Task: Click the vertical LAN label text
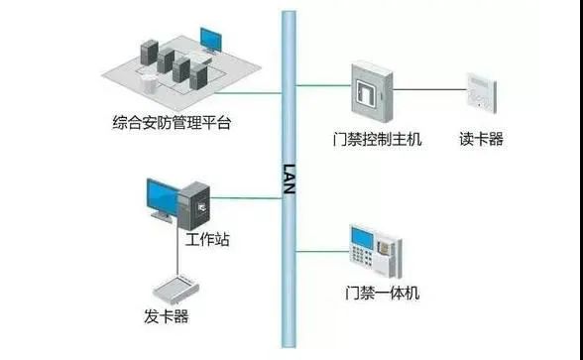tap(290, 180)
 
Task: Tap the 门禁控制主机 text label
tap(378, 140)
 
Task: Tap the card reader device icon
tap(480, 88)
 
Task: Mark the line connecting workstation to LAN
tap(252, 198)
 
